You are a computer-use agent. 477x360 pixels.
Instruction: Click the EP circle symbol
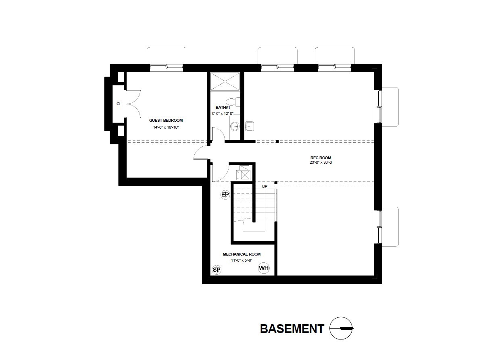(225, 195)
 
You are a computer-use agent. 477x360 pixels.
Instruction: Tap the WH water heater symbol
(264, 268)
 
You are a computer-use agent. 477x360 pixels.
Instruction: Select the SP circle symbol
(217, 270)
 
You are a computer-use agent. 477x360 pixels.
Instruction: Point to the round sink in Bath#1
(235, 127)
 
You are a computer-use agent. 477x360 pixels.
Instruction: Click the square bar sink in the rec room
(249, 127)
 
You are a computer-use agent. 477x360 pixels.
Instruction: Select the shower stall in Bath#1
(225, 82)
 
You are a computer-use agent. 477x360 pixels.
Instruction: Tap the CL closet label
(119, 104)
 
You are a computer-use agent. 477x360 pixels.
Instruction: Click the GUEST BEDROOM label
(166, 120)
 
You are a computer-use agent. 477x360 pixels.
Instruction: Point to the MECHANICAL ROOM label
(242, 254)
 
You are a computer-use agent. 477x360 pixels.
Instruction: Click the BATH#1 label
(223, 108)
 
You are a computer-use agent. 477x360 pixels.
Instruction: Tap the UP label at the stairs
(265, 187)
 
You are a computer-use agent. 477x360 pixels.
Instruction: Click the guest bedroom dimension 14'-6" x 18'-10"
(166, 127)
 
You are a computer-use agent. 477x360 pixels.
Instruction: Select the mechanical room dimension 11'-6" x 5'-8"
(242, 261)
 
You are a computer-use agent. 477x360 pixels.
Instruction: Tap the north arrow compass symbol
(341, 329)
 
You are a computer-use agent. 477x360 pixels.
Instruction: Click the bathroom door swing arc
(218, 133)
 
